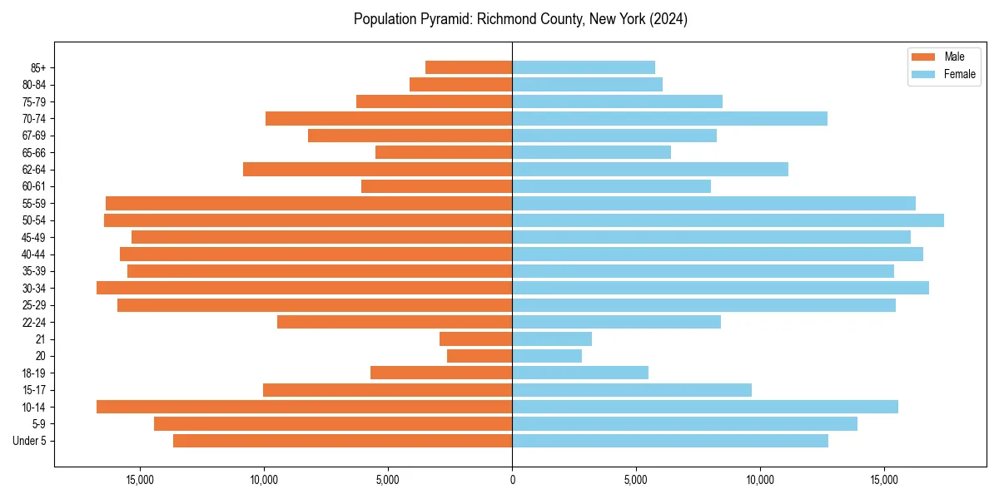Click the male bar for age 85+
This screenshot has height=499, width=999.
pos(469,67)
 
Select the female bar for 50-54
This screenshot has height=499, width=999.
pos(728,220)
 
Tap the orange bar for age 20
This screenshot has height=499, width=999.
pos(480,356)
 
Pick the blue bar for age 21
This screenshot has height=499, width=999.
pos(552,339)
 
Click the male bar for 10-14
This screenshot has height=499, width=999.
pos(304,407)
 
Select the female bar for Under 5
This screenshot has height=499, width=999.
pos(670,441)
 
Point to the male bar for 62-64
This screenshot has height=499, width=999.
pos(377,170)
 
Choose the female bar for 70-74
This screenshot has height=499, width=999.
pos(669,119)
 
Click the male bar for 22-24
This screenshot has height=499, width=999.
pos(395,322)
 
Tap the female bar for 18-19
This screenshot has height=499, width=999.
pos(580,373)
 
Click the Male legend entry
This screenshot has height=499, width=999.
pos(942,57)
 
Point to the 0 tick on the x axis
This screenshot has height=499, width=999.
pos(512,480)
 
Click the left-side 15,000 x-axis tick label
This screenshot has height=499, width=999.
pos(140,480)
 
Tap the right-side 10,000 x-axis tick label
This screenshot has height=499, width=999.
pos(760,480)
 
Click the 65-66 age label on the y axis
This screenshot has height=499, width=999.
pos(34,153)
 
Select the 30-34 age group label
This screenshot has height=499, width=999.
pos(34,289)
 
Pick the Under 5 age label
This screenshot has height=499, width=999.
pos(30,441)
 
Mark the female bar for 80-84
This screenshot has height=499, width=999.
pos(587,85)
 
